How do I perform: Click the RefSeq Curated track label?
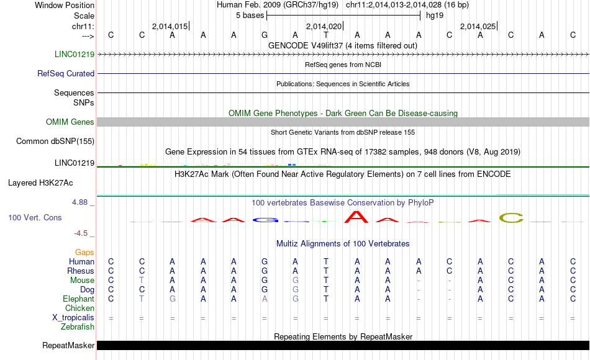pos(66,73)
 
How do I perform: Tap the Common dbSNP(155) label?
pos(55,142)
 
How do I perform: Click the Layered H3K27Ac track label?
pos(40,183)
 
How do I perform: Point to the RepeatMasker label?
pos(68,346)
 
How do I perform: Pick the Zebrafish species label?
pos(79,327)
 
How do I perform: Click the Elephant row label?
pos(78,299)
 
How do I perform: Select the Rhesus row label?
pos(81,271)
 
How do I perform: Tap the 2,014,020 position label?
pos(324,27)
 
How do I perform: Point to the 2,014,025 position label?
pos(478,27)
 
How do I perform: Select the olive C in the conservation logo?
pos(511,218)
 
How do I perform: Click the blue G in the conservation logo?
pos(265,219)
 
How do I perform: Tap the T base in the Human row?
pos(325,262)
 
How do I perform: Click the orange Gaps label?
pos(84,253)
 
